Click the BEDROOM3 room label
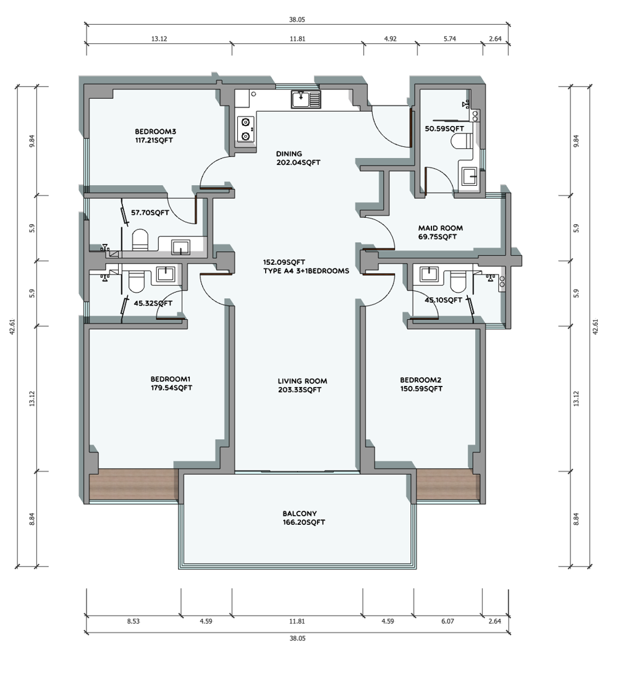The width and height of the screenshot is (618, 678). pos(155,132)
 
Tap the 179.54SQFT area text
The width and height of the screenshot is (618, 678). pos(171,388)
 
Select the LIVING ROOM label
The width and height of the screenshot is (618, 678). pos(302,381)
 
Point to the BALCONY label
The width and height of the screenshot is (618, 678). pos(300,514)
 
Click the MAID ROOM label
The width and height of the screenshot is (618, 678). pos(441,228)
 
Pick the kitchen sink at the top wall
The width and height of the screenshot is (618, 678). pos(306,99)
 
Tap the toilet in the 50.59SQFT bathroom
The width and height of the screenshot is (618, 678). pos(461,141)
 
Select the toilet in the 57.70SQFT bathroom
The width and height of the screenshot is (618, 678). pos(140,240)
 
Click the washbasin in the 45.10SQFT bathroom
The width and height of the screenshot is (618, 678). pos(428,274)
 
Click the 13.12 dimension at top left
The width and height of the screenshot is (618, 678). pos(159,39)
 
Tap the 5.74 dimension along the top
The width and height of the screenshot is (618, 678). pos(450,38)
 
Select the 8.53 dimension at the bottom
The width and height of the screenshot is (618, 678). pos(133,621)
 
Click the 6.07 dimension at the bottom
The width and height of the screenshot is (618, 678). pos(448,621)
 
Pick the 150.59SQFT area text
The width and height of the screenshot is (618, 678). pos(421,389)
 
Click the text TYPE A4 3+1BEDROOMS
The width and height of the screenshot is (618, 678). pos(306,271)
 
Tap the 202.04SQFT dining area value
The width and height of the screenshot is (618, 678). pos(298,162)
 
